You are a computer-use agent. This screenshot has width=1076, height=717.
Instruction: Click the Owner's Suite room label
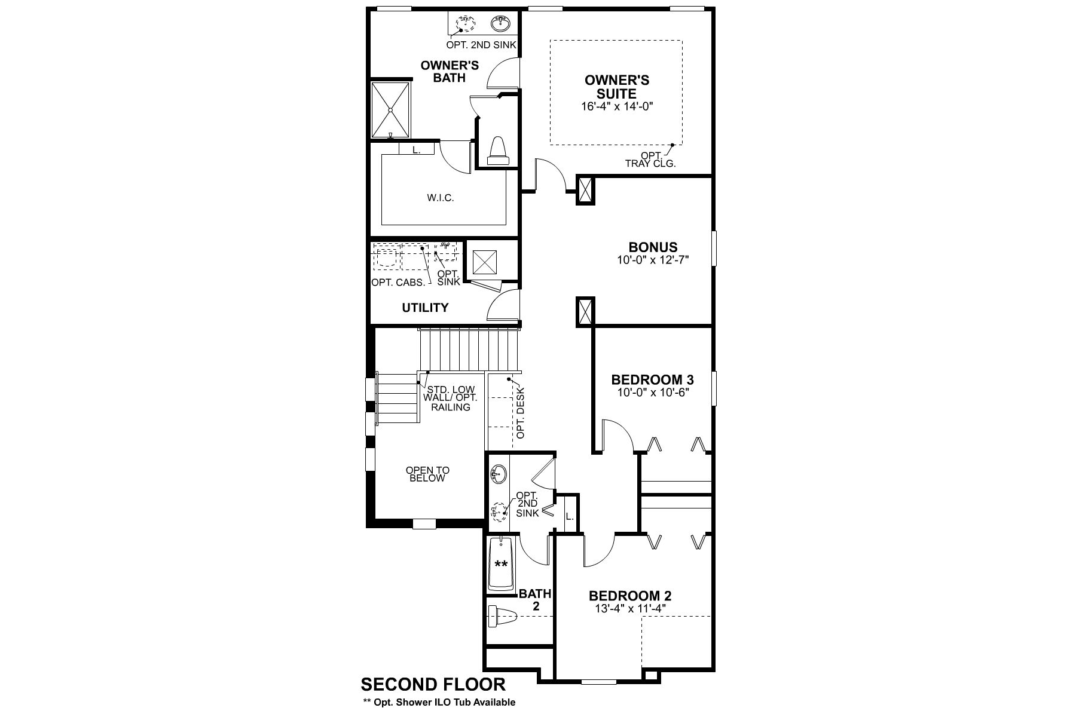point(617,87)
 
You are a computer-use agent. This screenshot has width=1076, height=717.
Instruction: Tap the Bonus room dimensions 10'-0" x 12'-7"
point(653,261)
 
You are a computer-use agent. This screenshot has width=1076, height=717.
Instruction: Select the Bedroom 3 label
point(652,379)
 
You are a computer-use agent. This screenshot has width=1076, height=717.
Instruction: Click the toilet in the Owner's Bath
point(498,151)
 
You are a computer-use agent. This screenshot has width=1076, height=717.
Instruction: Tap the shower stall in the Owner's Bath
point(390,110)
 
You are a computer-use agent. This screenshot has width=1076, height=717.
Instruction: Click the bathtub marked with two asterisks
point(502,563)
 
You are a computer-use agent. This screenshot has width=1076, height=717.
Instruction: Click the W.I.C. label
point(441,198)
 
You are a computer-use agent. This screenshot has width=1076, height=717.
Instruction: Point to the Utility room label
point(425,308)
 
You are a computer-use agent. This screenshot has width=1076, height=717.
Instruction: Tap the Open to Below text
point(428,474)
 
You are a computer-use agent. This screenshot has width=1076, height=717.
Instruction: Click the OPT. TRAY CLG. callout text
point(650,159)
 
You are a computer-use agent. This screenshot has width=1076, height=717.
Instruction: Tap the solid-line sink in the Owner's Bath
point(501,24)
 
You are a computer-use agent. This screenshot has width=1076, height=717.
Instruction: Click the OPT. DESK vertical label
point(520,413)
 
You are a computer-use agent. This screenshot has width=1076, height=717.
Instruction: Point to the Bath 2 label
point(535,600)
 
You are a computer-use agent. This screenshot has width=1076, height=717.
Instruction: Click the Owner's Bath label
point(450,71)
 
